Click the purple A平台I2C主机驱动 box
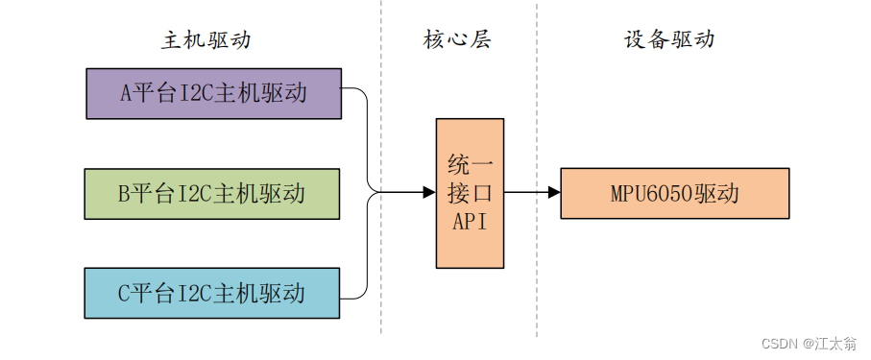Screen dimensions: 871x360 coord(213,93)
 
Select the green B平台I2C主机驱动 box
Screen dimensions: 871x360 coord(212,194)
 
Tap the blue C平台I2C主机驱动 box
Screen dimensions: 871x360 coord(212,294)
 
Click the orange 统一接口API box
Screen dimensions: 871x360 coord(470,193)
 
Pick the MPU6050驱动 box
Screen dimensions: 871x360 coord(675,193)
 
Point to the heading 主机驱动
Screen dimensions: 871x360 coord(206,40)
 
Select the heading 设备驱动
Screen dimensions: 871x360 coord(668,40)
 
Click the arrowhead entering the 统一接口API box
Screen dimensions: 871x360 coord(429,193)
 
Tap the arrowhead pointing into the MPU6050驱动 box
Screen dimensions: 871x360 coord(554,193)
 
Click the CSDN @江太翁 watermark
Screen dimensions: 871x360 coord(809,344)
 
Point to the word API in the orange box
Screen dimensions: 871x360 coord(470,222)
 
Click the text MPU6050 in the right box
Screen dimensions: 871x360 coord(647,194)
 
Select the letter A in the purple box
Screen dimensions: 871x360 coord(126,93)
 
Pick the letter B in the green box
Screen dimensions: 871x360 coord(124,194)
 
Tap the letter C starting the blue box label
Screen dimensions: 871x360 coord(125,294)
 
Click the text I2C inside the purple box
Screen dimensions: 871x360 coord(193,93)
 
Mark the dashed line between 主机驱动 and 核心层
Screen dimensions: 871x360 coord(381,167)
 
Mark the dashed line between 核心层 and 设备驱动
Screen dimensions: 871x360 coord(537,168)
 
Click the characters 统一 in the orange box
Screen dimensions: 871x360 coord(470,165)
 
